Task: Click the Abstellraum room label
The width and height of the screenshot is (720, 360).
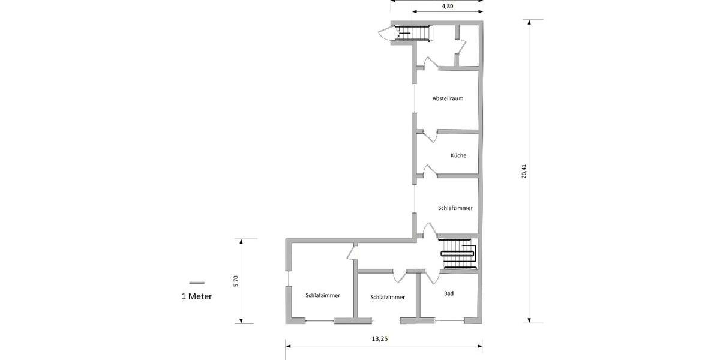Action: click(448, 98)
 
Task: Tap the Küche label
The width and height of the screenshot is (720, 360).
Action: click(458, 155)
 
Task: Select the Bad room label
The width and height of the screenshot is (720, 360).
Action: click(449, 293)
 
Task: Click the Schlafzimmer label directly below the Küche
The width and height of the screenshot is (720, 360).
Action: click(455, 208)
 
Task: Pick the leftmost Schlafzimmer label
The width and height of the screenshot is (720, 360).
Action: click(323, 295)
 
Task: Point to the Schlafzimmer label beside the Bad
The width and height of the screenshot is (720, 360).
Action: click(388, 297)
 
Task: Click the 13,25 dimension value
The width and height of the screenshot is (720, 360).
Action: click(380, 338)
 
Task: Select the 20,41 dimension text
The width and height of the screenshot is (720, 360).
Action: click(524, 172)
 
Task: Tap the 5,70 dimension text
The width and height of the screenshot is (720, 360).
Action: click(236, 281)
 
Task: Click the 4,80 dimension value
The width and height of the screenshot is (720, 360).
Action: click(447, 6)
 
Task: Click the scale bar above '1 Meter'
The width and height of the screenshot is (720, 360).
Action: click(196, 283)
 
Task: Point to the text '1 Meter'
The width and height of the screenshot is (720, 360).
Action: click(196, 296)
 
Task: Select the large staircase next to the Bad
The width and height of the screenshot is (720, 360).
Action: click(458, 254)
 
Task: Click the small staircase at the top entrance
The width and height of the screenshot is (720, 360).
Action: click(415, 33)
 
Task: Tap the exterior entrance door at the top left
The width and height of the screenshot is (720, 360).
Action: click(384, 34)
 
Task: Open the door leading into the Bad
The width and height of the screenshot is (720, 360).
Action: click(431, 277)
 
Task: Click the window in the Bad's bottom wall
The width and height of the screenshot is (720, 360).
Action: click(449, 322)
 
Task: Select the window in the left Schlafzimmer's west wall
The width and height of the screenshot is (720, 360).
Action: click(288, 279)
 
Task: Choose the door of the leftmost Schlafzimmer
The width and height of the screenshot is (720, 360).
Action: click(352, 253)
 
